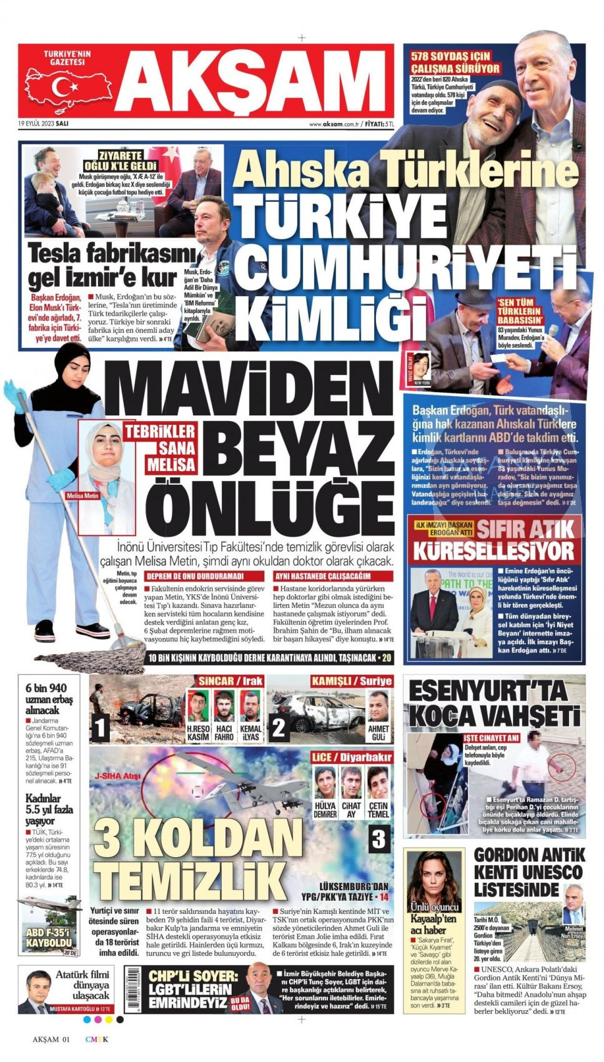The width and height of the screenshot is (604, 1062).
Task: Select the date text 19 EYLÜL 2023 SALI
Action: (x=43, y=124)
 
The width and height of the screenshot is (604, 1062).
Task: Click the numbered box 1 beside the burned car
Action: (x=101, y=727)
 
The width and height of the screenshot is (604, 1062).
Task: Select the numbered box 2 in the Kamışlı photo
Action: (x=279, y=727)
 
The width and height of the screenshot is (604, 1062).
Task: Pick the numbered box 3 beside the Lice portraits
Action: (x=378, y=838)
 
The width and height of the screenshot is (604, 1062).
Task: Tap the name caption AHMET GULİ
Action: (x=379, y=733)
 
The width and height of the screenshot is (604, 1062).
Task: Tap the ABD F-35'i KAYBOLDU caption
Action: (x=49, y=942)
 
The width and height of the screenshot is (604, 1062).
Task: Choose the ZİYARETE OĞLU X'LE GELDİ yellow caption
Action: (x=121, y=161)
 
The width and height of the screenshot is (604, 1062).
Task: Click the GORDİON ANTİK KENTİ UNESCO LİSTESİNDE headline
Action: (x=528, y=872)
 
